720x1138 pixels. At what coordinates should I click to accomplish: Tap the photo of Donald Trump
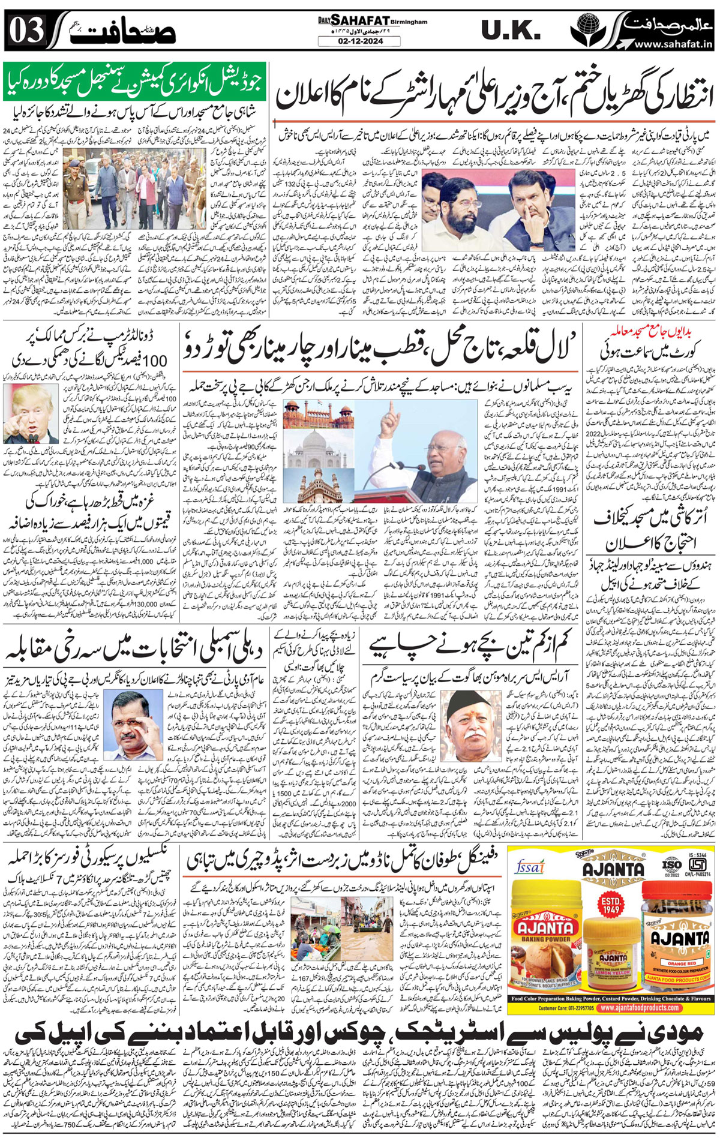point(39,414)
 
